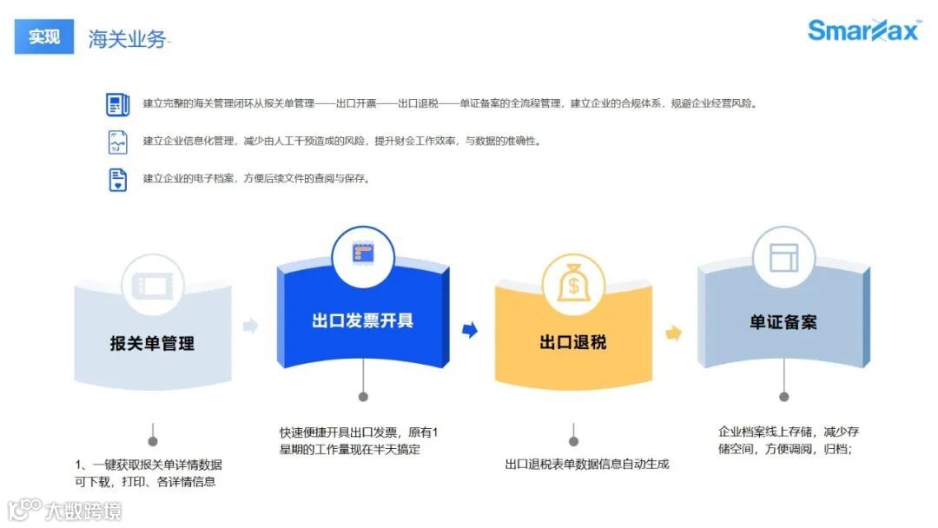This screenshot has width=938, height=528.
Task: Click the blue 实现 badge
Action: point(44,36)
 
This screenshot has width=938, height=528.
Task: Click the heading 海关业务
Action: point(127,38)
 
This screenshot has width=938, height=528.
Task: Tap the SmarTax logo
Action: point(863,30)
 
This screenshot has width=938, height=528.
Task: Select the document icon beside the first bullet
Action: point(117,104)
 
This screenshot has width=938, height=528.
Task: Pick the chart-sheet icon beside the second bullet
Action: point(117,142)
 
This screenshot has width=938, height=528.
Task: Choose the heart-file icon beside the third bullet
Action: point(117,180)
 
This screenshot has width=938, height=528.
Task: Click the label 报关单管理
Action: point(152,343)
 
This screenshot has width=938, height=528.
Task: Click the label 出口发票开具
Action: point(362,320)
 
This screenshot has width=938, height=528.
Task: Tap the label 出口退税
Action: point(573,342)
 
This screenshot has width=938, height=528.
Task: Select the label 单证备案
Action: point(783,322)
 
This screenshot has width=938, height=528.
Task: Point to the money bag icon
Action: point(573,283)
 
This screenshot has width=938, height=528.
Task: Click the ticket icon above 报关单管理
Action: point(152,284)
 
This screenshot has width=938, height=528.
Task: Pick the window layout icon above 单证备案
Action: point(783,257)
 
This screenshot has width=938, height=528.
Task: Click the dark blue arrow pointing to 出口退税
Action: point(470,330)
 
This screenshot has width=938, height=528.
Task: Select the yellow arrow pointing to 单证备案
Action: point(673,333)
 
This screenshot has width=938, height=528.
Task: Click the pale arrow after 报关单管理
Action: point(250,326)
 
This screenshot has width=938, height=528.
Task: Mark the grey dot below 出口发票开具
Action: point(363,397)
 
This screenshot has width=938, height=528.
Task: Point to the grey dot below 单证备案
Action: point(784,397)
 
